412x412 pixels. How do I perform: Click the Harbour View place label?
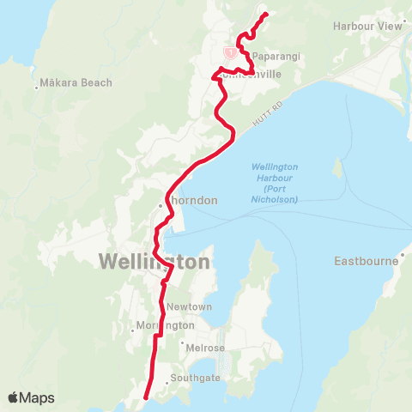point(367,26)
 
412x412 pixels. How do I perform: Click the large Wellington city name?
point(154,262)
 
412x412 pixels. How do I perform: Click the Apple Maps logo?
point(31,397)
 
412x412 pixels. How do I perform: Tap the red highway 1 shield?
point(229,52)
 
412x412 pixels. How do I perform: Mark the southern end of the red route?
point(146,397)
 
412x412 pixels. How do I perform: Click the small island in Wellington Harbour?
point(338,167)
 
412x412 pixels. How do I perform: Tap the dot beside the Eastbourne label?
point(401,257)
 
